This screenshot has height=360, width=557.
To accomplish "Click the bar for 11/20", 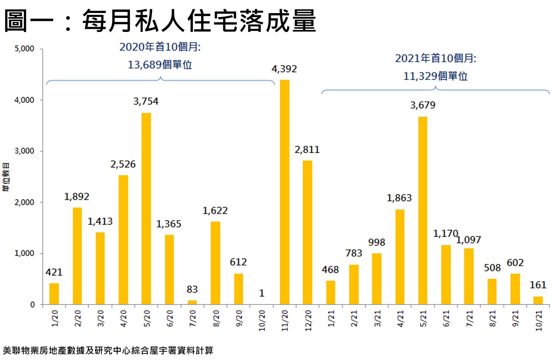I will pos(284,192).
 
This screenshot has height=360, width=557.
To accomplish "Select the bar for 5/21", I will pos(422,211).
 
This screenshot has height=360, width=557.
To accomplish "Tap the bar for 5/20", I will pos(146,208).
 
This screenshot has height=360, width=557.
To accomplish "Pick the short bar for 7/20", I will pos(192,302).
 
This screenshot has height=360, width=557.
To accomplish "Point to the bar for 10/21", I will pos(538,300).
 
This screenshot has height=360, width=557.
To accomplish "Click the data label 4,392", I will pos(284,69).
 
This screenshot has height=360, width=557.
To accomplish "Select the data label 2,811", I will pos(307,150).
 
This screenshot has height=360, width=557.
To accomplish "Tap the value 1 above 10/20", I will pos(261,293).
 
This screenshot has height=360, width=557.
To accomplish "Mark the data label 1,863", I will pos(399,198).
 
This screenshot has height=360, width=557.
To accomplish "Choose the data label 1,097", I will pos(469,240).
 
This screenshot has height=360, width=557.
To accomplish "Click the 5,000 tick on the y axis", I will pos(24,49).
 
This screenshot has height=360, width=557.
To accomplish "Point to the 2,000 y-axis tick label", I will pos(24,202).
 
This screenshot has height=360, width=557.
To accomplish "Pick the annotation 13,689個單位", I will pos(160,65).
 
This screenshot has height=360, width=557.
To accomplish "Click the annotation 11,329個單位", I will pos(435,76).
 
